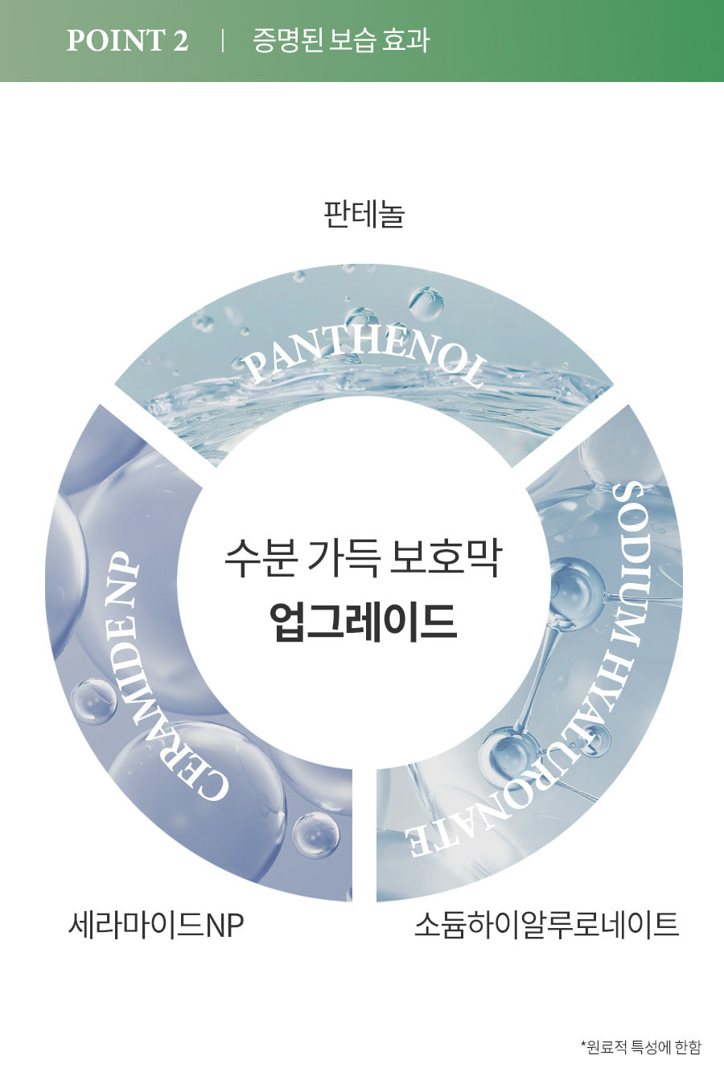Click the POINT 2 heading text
tap(127, 40)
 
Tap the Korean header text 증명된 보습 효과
tap(341, 40)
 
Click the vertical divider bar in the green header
tap(222, 40)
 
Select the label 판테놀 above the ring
tap(364, 214)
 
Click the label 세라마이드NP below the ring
tap(156, 925)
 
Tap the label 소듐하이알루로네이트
tap(546, 924)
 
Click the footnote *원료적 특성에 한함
tap(641, 1047)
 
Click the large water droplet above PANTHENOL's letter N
tap(426, 303)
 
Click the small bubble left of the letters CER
tap(93, 700)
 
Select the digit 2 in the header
tap(181, 40)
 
